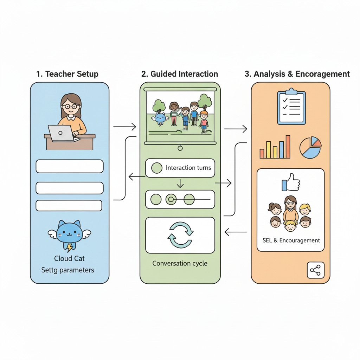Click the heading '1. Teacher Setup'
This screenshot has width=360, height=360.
point(67,74)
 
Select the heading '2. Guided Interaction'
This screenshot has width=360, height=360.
point(180,74)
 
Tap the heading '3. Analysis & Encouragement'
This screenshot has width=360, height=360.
point(297,74)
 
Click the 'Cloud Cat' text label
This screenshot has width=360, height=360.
point(69,258)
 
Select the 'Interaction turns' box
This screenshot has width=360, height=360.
point(180,168)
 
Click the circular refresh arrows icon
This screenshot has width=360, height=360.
point(180,235)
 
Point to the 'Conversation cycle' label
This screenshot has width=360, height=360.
point(180,263)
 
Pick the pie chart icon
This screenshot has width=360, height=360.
point(310,148)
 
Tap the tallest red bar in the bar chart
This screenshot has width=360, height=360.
point(288,147)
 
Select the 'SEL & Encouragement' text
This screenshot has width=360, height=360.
point(291,240)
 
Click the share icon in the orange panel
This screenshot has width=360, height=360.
point(316,270)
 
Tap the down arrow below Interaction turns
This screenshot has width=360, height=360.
point(180,184)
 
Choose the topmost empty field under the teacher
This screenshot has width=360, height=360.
point(70,166)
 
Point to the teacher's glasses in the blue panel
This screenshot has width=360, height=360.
point(71,105)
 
